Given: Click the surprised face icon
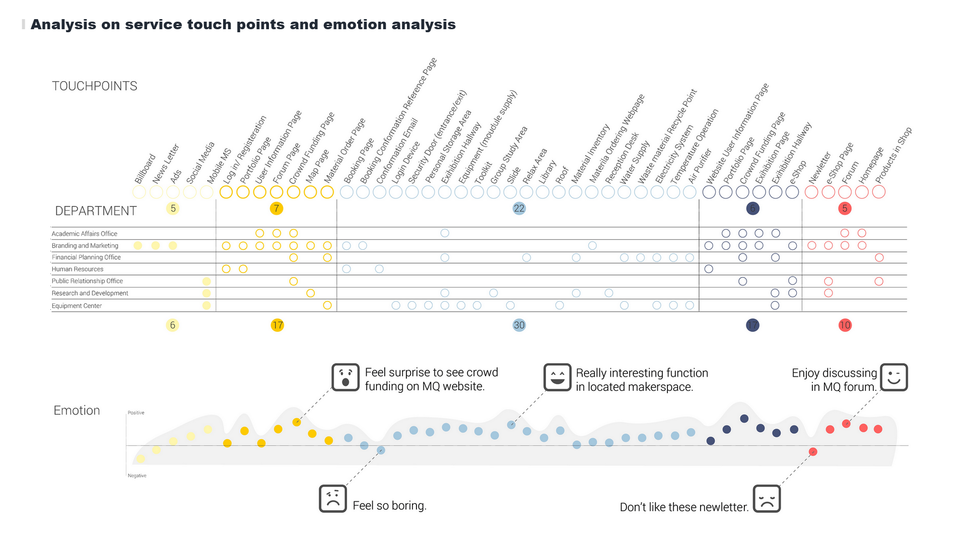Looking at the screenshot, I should [x=346, y=377].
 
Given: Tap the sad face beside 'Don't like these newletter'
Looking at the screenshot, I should [x=767, y=499].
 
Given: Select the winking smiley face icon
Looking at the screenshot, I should [x=893, y=377].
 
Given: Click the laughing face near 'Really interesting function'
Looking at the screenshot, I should [x=558, y=377].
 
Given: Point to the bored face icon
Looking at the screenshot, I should [x=333, y=499].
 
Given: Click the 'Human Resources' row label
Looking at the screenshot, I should [x=78, y=269].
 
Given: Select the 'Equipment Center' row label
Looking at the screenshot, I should [x=77, y=306].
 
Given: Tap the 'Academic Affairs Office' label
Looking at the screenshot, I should [x=85, y=234].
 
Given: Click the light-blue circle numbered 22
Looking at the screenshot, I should [x=519, y=209].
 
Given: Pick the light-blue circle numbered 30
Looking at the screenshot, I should [x=519, y=325].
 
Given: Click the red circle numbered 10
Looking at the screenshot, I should [x=845, y=325].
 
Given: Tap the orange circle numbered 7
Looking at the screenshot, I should [x=277, y=209].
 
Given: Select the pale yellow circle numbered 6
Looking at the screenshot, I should [x=172, y=325].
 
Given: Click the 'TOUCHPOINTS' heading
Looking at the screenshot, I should [x=95, y=86].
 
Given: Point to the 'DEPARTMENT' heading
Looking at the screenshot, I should [x=96, y=211].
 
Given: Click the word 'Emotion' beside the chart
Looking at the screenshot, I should [x=77, y=411].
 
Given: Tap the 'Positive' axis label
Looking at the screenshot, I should [x=136, y=413].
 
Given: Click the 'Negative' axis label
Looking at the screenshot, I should [x=137, y=475].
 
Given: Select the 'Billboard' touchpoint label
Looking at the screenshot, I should [x=145, y=169].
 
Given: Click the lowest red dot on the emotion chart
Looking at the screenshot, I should [x=813, y=452].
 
